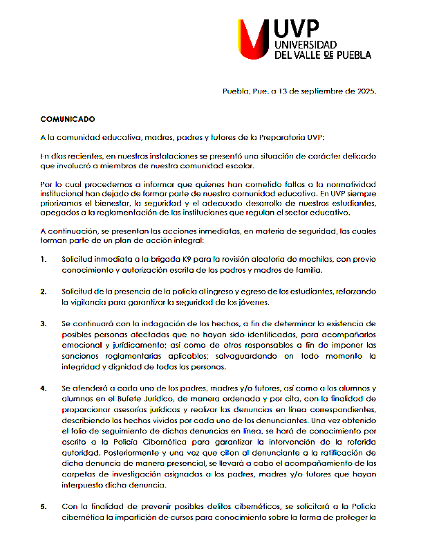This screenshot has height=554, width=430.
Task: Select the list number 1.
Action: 44,259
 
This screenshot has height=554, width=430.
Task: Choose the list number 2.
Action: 44,291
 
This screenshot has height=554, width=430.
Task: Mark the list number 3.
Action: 44,323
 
